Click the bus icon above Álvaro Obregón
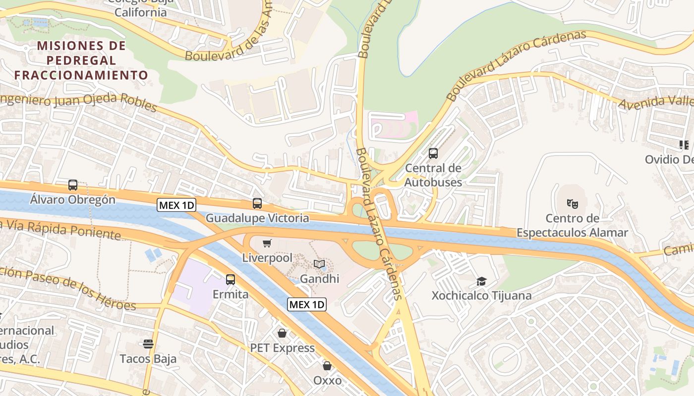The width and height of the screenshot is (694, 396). click(73, 185)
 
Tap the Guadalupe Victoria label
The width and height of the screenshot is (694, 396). click(257, 218)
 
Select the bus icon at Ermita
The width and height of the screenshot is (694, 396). click(231, 279)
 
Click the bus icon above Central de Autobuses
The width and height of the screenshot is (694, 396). click(433, 153)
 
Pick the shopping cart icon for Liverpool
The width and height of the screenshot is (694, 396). click(267, 243)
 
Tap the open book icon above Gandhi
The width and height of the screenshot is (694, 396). click(320, 264)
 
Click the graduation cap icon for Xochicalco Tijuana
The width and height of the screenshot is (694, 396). click(481, 282)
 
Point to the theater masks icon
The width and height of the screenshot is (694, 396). click(573, 203)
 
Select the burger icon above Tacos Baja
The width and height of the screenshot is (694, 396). click(148, 344)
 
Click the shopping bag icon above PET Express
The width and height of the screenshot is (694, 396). click(282, 333)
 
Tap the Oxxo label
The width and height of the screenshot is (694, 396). click(327, 380)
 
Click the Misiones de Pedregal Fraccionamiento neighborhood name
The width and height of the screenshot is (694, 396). click(81, 60)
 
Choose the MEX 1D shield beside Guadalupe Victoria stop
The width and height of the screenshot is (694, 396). click(176, 205)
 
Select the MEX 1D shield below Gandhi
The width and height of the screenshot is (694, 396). click(307, 304)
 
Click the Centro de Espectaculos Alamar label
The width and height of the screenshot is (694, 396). click(572, 225)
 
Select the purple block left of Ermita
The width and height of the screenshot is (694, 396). click(193, 287)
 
